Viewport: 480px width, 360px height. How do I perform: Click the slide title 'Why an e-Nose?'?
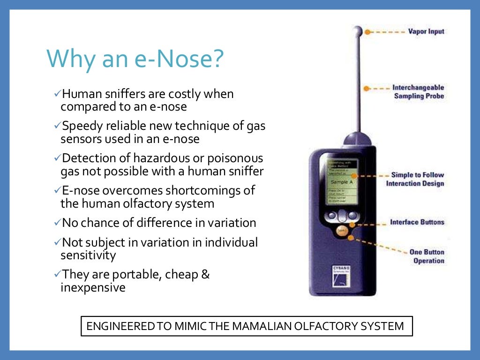[x=135, y=59]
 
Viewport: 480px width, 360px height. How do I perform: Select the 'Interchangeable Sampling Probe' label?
[x=418, y=92]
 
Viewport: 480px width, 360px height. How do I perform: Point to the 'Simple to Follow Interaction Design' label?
[x=414, y=179]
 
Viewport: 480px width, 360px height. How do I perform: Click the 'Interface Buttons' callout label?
[x=417, y=222]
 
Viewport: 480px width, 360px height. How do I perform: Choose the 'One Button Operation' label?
[x=427, y=256]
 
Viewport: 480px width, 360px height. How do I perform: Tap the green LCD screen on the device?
[x=341, y=180]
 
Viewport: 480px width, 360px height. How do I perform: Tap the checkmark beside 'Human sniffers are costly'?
[x=58, y=95]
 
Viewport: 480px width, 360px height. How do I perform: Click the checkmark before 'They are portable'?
[x=58, y=274]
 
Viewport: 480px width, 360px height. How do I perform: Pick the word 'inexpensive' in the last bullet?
[x=93, y=287]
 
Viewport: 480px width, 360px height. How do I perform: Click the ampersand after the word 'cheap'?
[x=205, y=274]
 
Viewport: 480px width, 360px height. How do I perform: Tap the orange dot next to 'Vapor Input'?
[x=367, y=32]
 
